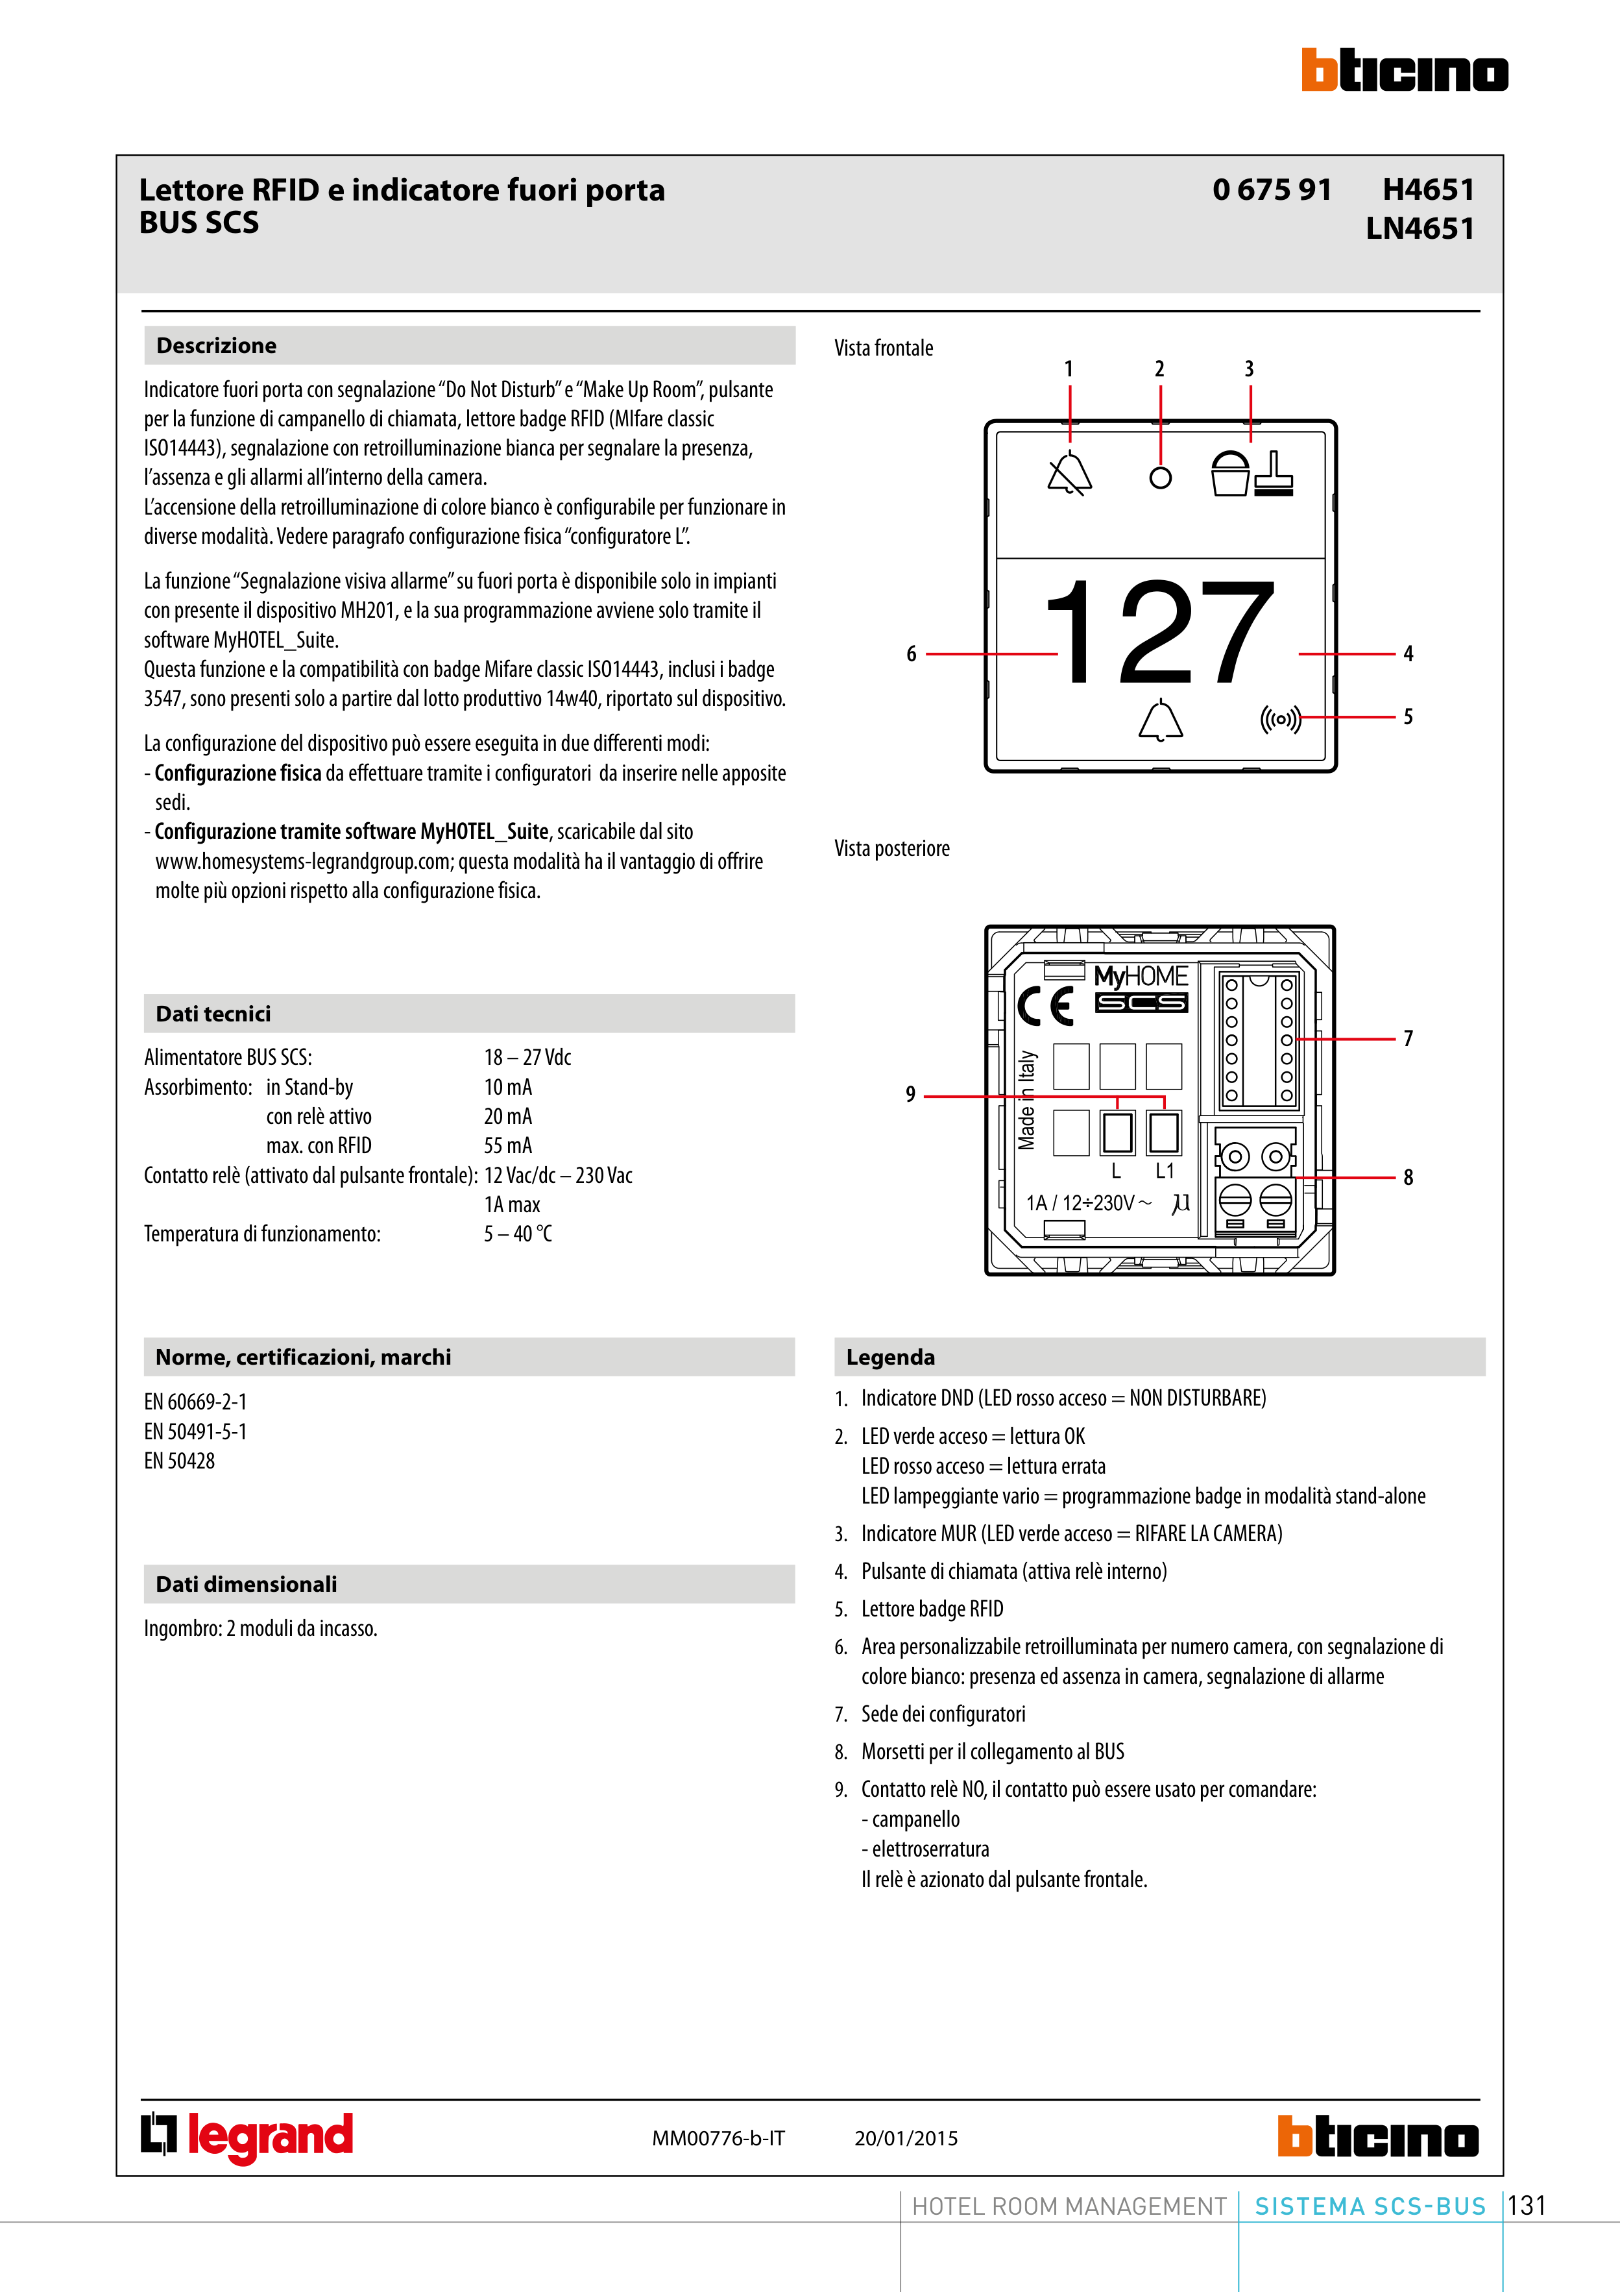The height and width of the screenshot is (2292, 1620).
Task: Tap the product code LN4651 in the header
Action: click(x=1420, y=228)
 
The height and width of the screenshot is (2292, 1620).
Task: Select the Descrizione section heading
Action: click(x=217, y=345)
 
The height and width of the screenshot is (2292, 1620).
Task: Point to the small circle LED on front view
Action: click(x=1160, y=478)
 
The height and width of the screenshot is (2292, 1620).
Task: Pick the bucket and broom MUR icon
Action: click(x=1251, y=473)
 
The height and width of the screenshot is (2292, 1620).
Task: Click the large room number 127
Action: click(x=1159, y=632)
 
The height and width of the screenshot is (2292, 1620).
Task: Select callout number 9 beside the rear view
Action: click(x=910, y=1094)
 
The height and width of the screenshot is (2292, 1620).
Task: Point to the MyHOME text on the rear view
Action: click(x=1141, y=976)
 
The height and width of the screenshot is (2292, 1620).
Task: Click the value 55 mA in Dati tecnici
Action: click(x=508, y=1146)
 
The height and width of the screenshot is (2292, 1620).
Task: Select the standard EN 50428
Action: click(x=180, y=1461)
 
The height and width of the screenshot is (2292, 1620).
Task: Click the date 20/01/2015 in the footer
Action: click(x=905, y=2138)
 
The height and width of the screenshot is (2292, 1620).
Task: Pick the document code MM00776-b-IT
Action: click(x=719, y=2138)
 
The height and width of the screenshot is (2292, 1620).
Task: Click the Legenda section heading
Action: click(x=890, y=1358)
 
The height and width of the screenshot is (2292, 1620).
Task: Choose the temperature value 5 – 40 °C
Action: click(x=518, y=1234)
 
